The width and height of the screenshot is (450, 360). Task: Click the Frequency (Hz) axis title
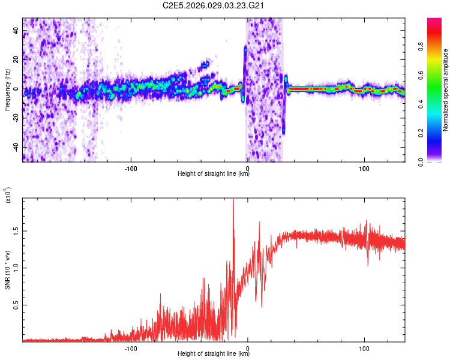click(7, 90)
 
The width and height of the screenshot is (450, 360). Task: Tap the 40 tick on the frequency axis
click(16, 30)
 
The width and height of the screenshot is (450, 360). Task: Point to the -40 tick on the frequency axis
click(14, 147)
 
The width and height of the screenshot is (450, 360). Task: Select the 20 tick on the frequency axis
click(16, 59)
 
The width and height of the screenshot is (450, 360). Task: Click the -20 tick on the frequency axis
click(14, 118)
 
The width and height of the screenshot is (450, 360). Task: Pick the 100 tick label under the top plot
click(364, 168)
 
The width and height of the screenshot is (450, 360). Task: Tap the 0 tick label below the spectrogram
click(247, 168)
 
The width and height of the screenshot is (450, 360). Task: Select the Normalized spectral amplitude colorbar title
click(446, 90)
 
